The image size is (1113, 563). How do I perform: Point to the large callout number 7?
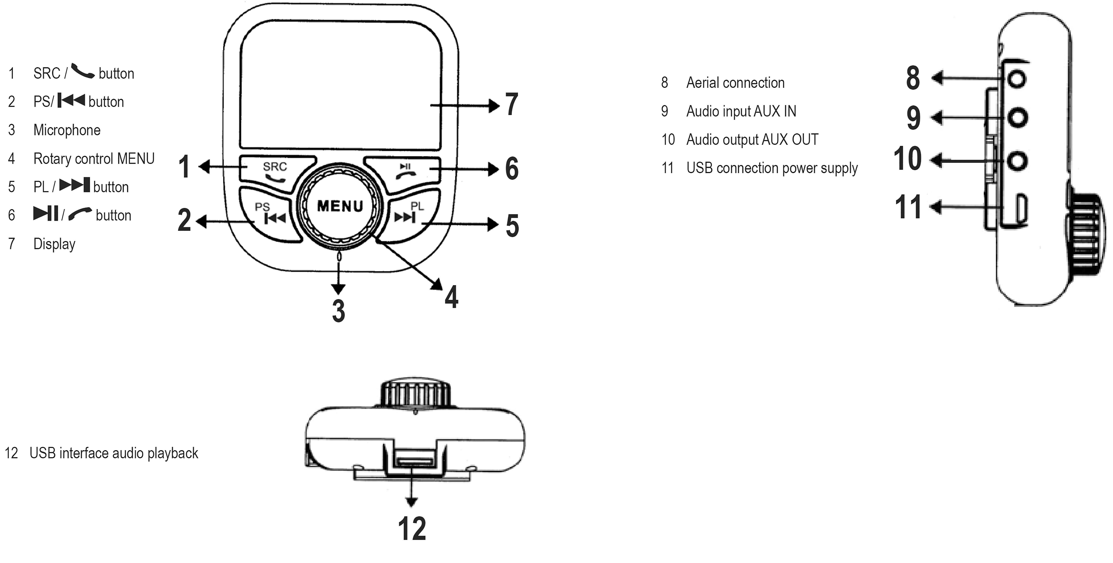512,105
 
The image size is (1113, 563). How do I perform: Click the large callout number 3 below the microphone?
338,311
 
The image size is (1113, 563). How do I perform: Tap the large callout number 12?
412,528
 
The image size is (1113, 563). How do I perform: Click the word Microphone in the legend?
67,130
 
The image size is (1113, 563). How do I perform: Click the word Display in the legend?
55,244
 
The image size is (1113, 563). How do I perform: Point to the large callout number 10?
907,159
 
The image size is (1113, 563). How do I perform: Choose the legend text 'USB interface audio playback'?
114,453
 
